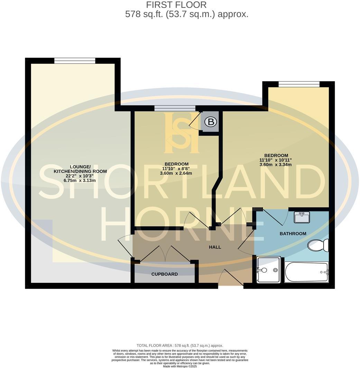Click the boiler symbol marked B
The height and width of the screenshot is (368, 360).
[x=211, y=122]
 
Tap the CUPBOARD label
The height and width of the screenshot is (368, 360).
[x=165, y=274]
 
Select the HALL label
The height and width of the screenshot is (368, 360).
[x=215, y=247]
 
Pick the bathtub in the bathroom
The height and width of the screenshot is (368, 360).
[x=306, y=272]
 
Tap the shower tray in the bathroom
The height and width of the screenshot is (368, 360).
[x=268, y=270]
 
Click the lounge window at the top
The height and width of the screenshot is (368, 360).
[x=75, y=61]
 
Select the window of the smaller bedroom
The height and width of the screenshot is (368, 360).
[x=175, y=108]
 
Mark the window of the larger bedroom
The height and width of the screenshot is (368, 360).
[x=299, y=84]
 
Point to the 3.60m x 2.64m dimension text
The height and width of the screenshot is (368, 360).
[x=176, y=173]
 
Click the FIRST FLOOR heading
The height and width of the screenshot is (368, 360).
[x=176, y=5]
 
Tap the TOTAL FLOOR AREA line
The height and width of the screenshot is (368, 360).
[x=180, y=346]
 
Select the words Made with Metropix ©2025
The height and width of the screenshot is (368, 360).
[x=180, y=366]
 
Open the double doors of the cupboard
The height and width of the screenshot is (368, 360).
[x=165, y=254]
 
